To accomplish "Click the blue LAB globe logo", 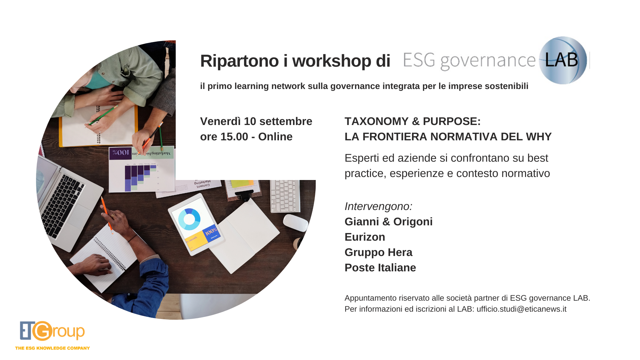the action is (x=563, y=60).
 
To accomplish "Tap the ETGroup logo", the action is (x=52, y=331).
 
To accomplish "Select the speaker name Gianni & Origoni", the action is (x=388, y=222).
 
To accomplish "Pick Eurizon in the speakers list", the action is (x=365, y=237).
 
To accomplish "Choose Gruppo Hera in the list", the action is (x=378, y=252).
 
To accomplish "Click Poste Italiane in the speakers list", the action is (x=380, y=268).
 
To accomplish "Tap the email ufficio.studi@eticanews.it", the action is (x=521, y=309).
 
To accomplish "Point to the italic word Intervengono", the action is (x=378, y=206).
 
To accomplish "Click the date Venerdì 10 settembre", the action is (x=256, y=121).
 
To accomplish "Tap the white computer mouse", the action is (x=296, y=223).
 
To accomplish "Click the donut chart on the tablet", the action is (x=189, y=219).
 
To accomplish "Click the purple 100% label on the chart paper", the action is (x=120, y=153).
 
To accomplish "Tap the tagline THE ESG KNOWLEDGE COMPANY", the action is (x=52, y=348).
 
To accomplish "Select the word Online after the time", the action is (x=275, y=137).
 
